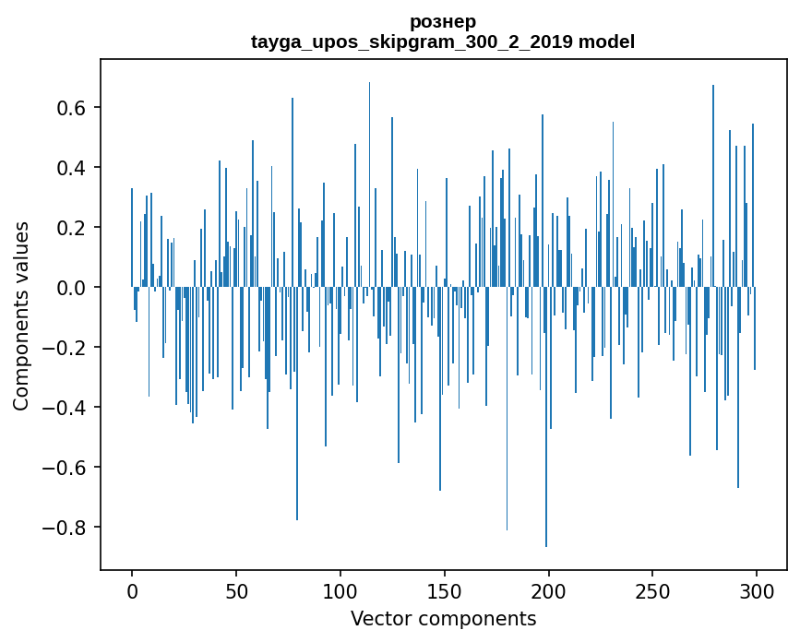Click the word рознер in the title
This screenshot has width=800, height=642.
coord(443,22)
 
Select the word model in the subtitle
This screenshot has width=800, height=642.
coord(606,42)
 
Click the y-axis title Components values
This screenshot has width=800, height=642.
coord(21,315)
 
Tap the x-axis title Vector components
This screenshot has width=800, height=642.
coord(443,618)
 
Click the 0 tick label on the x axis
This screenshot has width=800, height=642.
coord(132,589)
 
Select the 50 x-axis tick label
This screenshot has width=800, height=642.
coord(236,589)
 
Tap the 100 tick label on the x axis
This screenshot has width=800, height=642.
coord(340,589)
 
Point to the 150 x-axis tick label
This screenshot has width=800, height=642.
coord(444,589)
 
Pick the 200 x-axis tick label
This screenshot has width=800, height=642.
coord(548,589)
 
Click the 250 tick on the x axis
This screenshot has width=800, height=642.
coord(652,589)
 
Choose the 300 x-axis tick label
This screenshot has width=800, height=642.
coord(757,589)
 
